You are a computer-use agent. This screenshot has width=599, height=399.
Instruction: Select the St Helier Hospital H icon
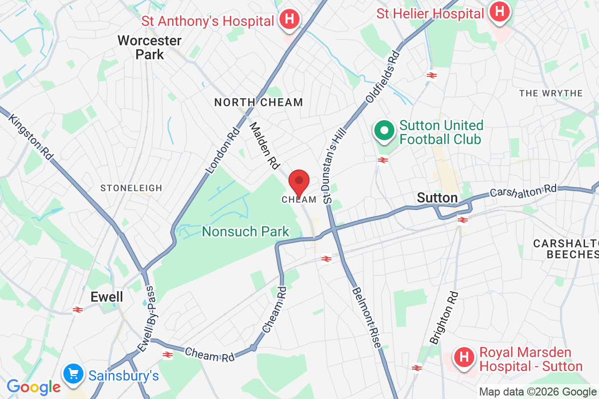(x=499, y=12)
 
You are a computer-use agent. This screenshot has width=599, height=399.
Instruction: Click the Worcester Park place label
(x=149, y=47)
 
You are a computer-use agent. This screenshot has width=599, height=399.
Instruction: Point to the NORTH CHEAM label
(x=258, y=103)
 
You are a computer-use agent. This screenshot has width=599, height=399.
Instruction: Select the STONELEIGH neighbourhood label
(x=131, y=188)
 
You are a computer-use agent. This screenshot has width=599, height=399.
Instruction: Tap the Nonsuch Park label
(x=245, y=231)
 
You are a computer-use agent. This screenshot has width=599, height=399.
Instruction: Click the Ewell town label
(x=106, y=297)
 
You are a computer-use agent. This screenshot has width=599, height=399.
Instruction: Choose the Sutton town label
(x=437, y=198)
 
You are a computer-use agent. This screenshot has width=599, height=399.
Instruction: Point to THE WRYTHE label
(x=551, y=93)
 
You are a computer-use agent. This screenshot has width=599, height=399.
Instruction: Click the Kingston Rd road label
(x=31, y=138)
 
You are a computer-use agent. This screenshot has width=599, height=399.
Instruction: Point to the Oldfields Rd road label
(x=383, y=76)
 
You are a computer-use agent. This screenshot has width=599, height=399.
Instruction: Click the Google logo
(x=33, y=387)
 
